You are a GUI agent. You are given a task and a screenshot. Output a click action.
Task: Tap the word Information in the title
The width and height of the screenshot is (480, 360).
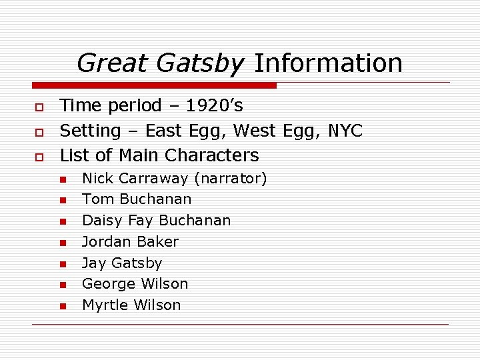click(x=328, y=63)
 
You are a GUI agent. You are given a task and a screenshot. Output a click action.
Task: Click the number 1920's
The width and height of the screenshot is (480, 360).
click(x=214, y=105)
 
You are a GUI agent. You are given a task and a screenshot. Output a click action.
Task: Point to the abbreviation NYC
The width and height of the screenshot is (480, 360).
click(x=345, y=131)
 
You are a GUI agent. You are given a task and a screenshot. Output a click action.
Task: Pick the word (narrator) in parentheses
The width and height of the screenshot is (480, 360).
click(x=230, y=178)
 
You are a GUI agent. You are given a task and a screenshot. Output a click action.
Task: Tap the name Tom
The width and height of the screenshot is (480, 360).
click(x=94, y=199)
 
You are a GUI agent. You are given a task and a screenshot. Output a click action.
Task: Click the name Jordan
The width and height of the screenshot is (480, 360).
click(x=103, y=241)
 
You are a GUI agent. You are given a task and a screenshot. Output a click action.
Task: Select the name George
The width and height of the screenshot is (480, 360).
click(x=105, y=284)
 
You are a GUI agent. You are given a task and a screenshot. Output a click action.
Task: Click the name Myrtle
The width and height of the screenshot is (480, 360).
click(x=105, y=305)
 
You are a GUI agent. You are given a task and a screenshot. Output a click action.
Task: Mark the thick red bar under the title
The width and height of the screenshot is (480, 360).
click(x=154, y=85)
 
